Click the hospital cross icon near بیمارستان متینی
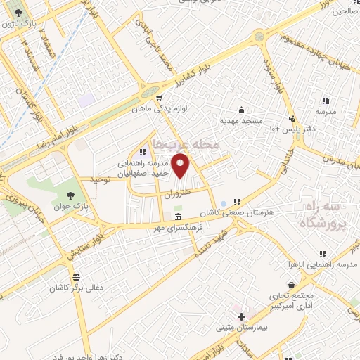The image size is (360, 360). click(242, 316)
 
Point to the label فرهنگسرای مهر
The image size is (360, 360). click(180, 229)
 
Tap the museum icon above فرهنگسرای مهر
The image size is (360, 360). click(179, 217)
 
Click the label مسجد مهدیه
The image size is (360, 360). click(242, 122)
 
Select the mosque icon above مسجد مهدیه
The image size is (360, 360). click(242, 110)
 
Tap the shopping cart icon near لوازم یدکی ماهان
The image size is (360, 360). click(160, 98)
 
